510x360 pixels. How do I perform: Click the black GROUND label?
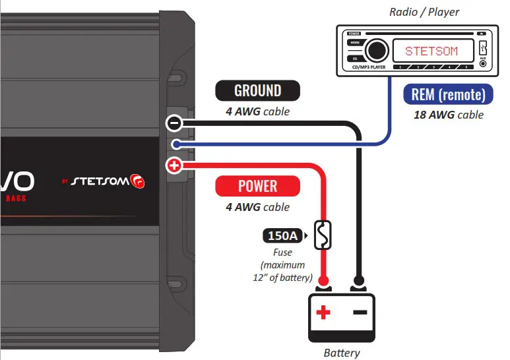point(258,90)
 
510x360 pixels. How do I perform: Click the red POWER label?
point(258,186)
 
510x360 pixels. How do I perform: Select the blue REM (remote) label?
point(448,94)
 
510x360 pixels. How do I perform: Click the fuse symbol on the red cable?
point(323,235)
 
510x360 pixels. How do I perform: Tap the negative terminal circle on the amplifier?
point(174,123)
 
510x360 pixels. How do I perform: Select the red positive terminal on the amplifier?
point(174,165)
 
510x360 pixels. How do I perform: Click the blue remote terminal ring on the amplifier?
point(174,144)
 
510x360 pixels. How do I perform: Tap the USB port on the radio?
point(483,48)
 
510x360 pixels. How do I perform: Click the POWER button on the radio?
point(354,32)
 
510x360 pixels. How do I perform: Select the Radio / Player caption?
point(424,12)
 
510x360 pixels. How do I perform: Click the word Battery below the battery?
point(342,353)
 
